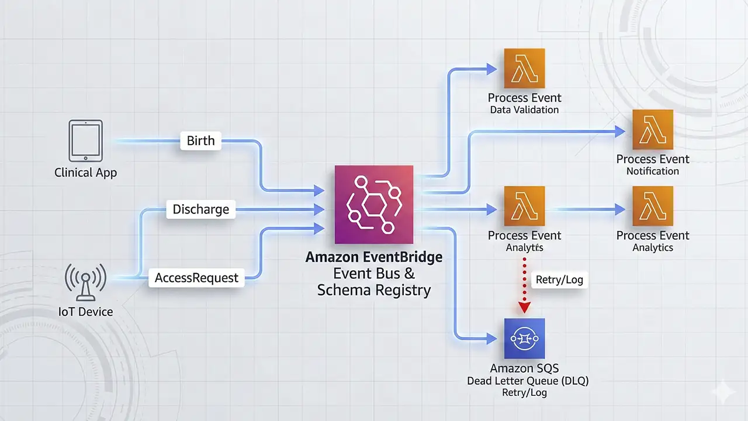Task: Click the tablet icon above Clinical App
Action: tap(85, 140)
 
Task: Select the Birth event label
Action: tap(200, 141)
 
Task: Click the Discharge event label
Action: tap(200, 209)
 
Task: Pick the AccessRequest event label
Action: tap(196, 278)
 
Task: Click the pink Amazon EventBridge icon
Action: tap(373, 204)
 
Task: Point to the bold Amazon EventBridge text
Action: tap(373, 258)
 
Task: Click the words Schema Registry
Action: tap(373, 290)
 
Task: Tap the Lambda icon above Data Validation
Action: tap(524, 68)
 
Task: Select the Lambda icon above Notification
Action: tap(653, 129)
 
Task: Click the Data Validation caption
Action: tap(524, 110)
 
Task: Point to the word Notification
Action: tap(653, 171)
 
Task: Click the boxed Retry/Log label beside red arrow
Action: tap(559, 279)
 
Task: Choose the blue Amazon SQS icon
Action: tap(524, 339)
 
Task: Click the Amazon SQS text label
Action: tap(524, 369)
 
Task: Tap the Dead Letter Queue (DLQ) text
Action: tap(528, 381)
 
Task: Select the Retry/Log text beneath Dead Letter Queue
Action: tap(524, 393)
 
